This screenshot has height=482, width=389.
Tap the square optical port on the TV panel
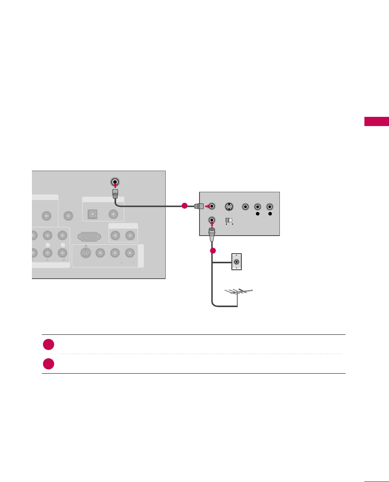pyautogui.click(x=92, y=214)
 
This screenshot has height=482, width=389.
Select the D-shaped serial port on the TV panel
pyautogui.click(x=90, y=236)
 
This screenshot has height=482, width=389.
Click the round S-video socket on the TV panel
pyautogui.click(x=85, y=253)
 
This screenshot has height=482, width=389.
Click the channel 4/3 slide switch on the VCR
pyautogui.click(x=228, y=220)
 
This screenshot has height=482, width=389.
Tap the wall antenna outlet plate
pyautogui.click(x=236, y=262)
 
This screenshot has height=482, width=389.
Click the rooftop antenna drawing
pyautogui.click(x=238, y=293)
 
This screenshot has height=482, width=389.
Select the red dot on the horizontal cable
pyautogui.click(x=185, y=206)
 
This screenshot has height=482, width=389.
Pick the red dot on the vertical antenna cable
pyautogui.click(x=213, y=251)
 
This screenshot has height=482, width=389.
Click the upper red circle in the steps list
pyautogui.click(x=48, y=344)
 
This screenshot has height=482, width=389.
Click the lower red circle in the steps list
pyautogui.click(x=48, y=364)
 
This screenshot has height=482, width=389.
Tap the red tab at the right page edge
pyautogui.click(x=377, y=121)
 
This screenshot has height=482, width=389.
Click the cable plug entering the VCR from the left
pyautogui.click(x=199, y=206)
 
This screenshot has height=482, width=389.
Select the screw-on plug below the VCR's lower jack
pyautogui.click(x=212, y=234)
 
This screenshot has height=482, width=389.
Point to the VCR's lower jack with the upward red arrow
pyautogui.click(x=212, y=220)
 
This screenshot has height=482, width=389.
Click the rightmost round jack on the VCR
pyautogui.click(x=270, y=207)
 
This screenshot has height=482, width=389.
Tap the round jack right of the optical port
pyautogui.click(x=113, y=214)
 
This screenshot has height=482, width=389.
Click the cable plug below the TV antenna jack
pyautogui.click(x=115, y=193)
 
